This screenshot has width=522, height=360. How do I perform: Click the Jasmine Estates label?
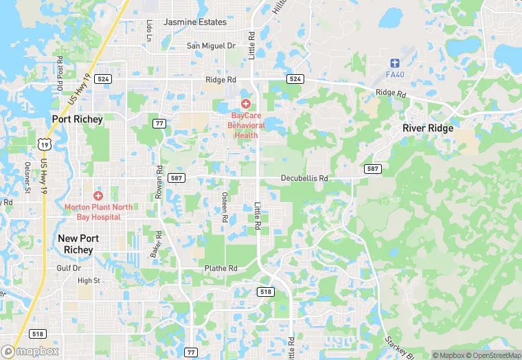(x=195, y=22)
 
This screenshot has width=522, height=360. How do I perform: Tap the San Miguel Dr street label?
(x=212, y=46)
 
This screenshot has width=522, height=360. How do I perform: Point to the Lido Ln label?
(x=149, y=30)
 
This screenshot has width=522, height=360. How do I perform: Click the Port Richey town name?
(x=78, y=119)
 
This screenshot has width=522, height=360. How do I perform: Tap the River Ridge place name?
(x=429, y=128)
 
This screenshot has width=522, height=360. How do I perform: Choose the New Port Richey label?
(x=78, y=244)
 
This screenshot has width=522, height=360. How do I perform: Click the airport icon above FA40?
(x=395, y=62)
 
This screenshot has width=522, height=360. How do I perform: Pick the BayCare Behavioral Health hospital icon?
(x=245, y=104)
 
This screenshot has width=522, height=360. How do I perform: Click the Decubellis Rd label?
(x=304, y=179)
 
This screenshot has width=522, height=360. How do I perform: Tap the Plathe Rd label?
(x=220, y=268)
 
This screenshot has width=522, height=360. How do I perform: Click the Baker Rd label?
(x=157, y=245)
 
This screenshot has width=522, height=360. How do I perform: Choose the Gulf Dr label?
(x=69, y=268)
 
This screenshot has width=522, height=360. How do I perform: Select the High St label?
(x=89, y=280)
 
